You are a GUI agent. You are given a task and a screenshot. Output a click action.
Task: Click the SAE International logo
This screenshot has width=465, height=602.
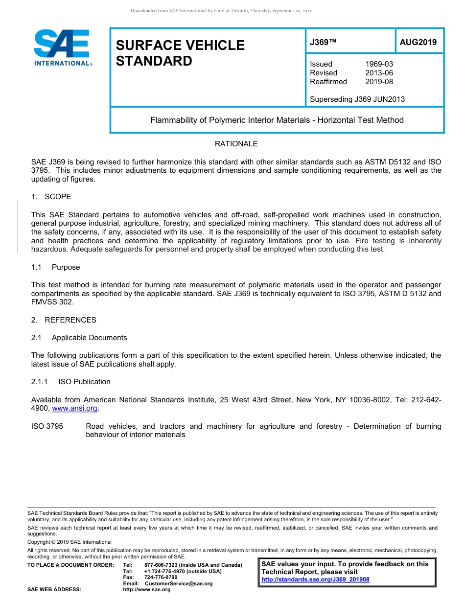(62, 47)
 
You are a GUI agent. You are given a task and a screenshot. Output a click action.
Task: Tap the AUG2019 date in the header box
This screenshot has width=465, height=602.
(418, 43)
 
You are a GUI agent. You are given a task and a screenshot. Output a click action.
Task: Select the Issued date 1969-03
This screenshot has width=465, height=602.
(379, 64)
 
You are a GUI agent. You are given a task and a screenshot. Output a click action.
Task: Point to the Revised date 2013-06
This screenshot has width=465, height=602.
(379, 73)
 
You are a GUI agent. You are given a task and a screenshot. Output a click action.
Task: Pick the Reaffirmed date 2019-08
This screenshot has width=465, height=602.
(379, 82)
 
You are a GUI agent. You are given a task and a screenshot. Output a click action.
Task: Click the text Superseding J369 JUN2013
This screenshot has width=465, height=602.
(357, 99)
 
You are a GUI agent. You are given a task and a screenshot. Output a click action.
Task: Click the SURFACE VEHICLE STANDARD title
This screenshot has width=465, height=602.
(180, 53)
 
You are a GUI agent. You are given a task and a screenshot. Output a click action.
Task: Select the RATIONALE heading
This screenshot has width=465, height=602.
(236, 144)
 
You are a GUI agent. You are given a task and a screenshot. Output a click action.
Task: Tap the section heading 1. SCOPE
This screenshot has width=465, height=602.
(51, 197)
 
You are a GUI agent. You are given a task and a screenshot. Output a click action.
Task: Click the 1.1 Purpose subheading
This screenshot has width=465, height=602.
(55, 267)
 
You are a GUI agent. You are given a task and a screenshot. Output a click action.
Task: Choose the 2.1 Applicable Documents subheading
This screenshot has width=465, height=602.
(79, 338)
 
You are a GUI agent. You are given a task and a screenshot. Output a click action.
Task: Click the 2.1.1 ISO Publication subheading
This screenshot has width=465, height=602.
(70, 382)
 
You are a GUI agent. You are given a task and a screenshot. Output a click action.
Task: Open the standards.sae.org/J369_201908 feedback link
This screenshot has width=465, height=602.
(315, 579)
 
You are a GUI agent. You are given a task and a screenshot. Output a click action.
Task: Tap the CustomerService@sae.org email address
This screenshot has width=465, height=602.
(179, 583)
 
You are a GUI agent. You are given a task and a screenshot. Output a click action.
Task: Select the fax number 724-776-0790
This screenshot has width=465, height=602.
(161, 578)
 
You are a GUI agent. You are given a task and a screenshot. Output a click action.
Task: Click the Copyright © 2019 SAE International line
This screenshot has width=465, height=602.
(70, 542)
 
